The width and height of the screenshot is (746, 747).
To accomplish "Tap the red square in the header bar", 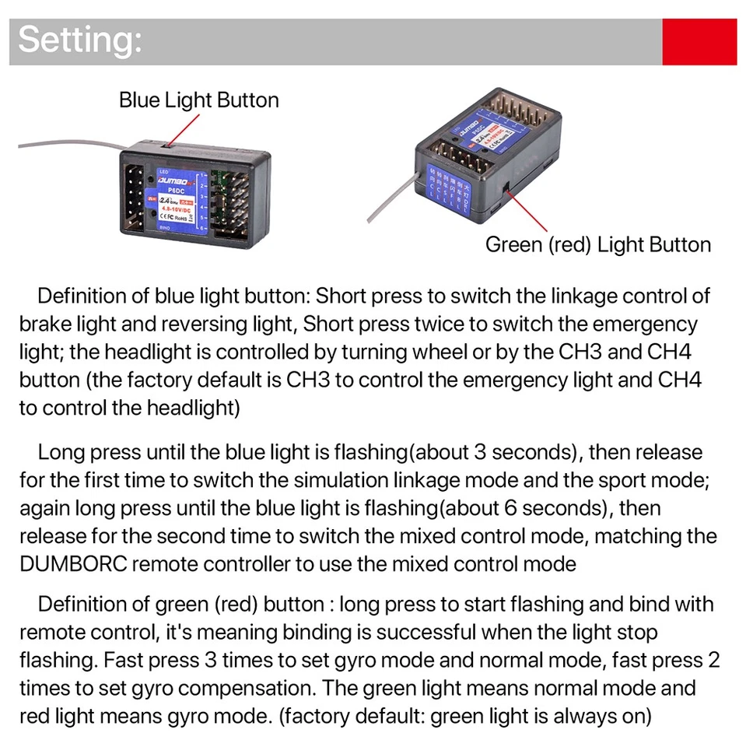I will (x=699, y=42).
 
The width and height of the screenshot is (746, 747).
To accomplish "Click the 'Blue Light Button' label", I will (x=198, y=100).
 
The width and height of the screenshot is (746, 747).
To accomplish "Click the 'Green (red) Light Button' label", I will (x=597, y=244).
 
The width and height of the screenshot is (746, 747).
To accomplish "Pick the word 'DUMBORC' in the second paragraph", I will (x=72, y=564).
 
